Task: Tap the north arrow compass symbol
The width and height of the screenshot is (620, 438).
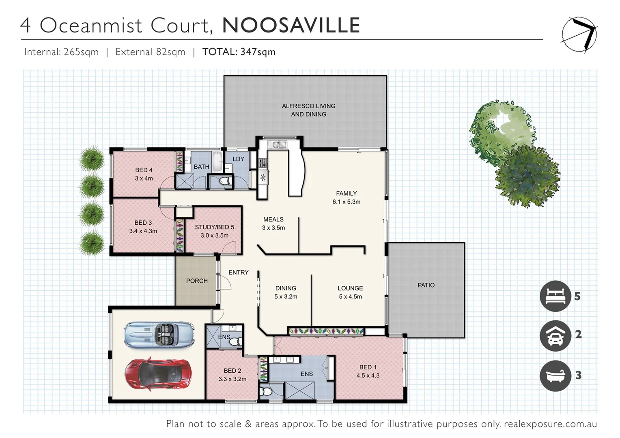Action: [579, 35]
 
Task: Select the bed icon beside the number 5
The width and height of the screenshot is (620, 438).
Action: [555, 296]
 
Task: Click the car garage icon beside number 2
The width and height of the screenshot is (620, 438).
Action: [555, 335]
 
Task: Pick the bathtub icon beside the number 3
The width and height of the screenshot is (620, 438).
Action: [555, 376]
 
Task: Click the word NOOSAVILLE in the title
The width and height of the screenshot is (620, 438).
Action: [291, 25]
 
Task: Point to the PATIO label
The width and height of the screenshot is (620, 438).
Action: [426, 285]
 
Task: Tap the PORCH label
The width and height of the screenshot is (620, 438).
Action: [197, 281]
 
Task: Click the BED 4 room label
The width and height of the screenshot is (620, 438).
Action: [144, 170]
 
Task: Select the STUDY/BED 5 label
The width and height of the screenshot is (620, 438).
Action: [214, 227]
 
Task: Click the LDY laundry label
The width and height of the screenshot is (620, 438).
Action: [238, 159]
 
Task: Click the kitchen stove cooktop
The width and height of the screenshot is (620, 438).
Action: [263, 163]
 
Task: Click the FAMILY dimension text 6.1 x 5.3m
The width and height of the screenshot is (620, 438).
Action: [346, 202]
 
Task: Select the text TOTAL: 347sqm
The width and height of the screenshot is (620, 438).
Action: [239, 52]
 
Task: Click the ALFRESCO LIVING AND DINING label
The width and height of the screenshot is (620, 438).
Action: [308, 110]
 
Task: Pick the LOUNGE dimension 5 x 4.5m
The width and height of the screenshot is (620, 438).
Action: [350, 296]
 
